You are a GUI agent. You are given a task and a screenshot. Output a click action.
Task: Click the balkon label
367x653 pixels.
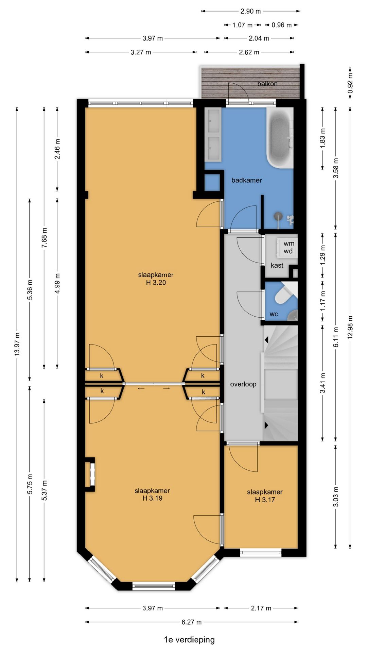pyautogui.click(x=267, y=84)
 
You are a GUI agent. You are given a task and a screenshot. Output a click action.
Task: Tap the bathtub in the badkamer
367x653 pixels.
pyautogui.click(x=280, y=138)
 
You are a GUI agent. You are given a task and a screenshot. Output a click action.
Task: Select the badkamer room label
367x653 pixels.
pyautogui.click(x=247, y=180)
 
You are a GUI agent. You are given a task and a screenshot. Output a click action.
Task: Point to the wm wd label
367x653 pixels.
pyautogui.click(x=289, y=247)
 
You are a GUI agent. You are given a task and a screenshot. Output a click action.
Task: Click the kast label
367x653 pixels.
pyautogui.click(x=277, y=265)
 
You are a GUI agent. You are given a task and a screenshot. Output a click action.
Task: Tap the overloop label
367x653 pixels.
pyautogui.click(x=243, y=384)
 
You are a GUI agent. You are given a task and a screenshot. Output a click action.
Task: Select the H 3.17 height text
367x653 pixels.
pyautogui.click(x=265, y=500)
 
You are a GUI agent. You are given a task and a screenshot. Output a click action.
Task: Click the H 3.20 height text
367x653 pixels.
pyautogui.click(x=156, y=282)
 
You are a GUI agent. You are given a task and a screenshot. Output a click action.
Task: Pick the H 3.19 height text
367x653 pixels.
pyautogui.click(x=152, y=498)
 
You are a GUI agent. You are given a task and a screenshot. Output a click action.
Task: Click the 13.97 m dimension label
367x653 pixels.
pyautogui.click(x=17, y=345)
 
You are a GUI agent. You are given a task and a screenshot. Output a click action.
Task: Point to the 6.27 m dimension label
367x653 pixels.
pyautogui.click(x=192, y=622)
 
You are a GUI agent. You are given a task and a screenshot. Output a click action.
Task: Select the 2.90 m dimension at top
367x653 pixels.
pyautogui.click(x=251, y=11)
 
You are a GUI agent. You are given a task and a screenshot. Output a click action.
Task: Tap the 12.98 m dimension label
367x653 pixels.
pyautogui.click(x=350, y=327)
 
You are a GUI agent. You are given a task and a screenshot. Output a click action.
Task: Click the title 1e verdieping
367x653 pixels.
pyautogui.click(x=189, y=640)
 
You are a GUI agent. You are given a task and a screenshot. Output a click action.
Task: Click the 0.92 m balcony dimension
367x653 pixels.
pyautogui.click(x=350, y=83)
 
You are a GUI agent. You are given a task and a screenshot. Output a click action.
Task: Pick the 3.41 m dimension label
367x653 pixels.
pyautogui.click(x=323, y=383)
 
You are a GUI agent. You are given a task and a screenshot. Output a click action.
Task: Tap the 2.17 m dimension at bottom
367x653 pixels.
pyautogui.click(x=261, y=608)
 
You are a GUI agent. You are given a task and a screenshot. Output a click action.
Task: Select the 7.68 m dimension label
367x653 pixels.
pyautogui.click(x=45, y=238)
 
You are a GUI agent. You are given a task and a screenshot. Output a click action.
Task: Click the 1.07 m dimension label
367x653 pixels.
pyautogui.click(x=243, y=25)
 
